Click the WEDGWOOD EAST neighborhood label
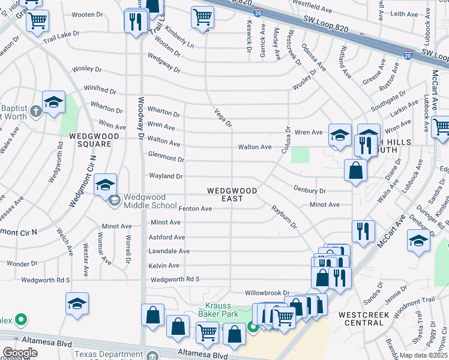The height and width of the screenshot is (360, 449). tap(232, 194)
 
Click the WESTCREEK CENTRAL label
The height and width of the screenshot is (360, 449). tap(364, 319)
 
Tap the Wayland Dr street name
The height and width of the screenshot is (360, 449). tap(166, 176)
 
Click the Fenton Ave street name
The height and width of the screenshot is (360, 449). tap(195, 209)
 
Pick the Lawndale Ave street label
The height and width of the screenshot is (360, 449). tap(169, 251)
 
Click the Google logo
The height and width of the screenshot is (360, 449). tap(20, 353)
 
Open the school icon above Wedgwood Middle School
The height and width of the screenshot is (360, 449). tap(105, 185)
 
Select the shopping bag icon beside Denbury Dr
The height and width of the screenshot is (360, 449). tap(356, 170)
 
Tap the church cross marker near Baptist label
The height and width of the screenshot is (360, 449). tap(36, 110)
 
